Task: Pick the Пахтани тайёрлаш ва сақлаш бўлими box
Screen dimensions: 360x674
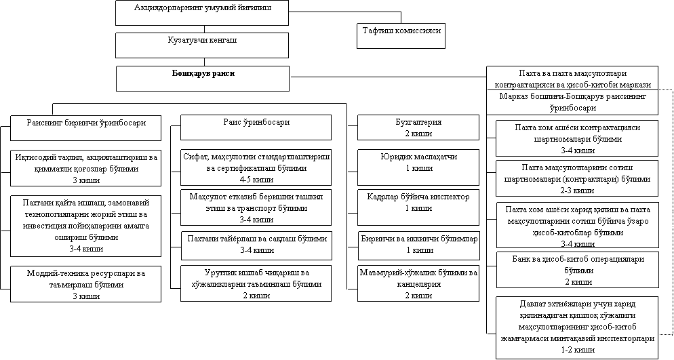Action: point(256,244)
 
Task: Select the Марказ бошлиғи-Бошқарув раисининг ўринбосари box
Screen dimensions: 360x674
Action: point(573,102)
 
